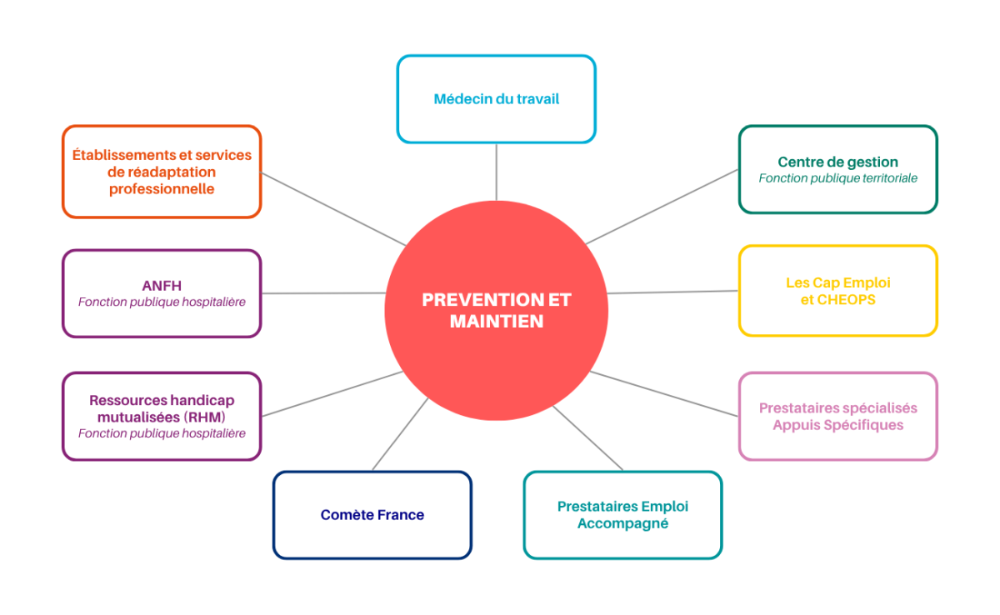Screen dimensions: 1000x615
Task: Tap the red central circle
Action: [496, 311]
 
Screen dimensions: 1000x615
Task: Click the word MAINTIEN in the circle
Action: [497, 322]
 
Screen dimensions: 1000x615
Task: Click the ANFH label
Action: [162, 286]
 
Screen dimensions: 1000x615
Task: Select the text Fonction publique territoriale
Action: [838, 178]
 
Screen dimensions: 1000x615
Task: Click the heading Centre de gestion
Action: [838, 162]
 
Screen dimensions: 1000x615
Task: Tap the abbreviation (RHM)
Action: [206, 417]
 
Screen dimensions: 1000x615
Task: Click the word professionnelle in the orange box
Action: [162, 189]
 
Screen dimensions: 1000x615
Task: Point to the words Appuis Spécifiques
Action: [838, 425]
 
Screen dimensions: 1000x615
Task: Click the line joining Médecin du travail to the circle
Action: [496, 172]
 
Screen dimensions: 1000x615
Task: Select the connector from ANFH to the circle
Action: [323, 293]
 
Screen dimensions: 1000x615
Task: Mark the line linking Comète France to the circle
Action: [400, 434]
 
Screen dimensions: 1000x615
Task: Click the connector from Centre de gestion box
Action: [662, 207]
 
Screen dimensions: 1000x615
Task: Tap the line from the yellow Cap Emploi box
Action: [672, 292]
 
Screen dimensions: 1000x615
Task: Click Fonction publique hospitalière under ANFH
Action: [162, 302]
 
